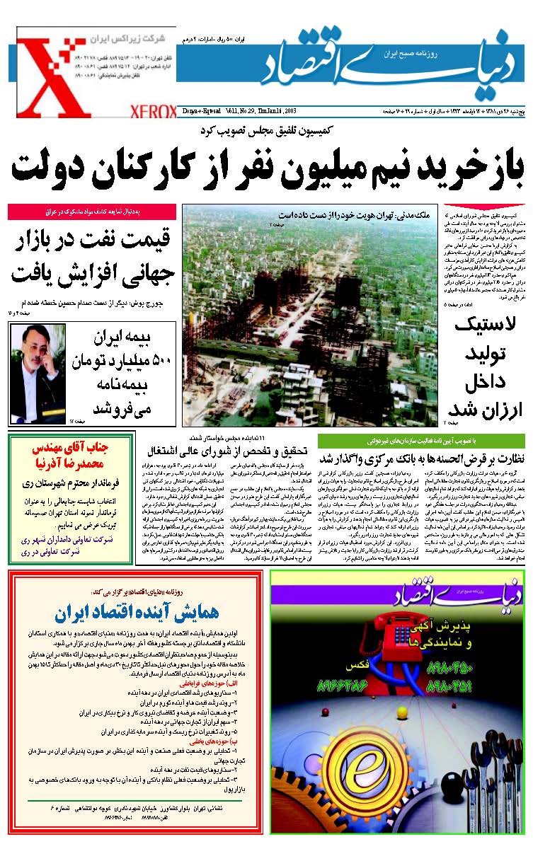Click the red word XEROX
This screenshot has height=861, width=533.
pyautogui.click(x=153, y=111)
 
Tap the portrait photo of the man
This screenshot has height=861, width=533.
pyautogui.click(x=38, y=373)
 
